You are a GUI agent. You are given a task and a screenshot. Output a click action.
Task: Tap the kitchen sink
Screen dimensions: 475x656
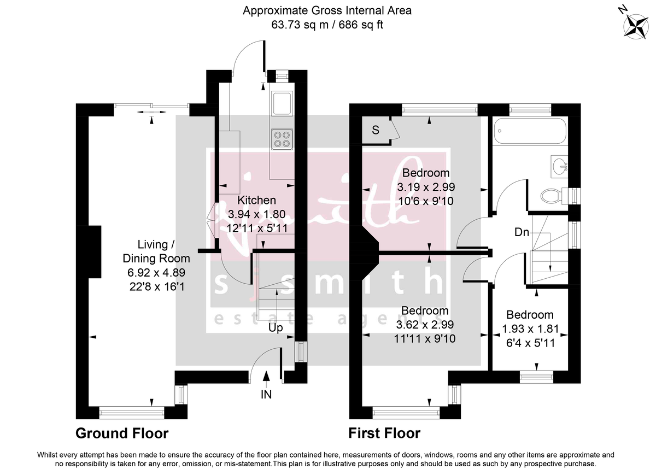click(282, 103)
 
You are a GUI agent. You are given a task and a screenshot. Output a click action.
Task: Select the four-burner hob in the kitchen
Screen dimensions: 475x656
click(282, 139)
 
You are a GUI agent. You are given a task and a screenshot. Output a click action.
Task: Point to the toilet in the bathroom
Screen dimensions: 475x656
click(553, 195)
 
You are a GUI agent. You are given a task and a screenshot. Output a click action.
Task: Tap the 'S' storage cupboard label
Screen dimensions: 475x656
click(376, 130)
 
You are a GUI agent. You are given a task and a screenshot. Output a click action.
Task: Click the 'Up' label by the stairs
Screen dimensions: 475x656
click(276, 328)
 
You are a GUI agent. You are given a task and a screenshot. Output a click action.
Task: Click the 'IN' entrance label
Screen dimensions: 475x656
click(267, 394)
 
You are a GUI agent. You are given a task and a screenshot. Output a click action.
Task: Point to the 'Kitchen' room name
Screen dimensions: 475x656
click(256, 201)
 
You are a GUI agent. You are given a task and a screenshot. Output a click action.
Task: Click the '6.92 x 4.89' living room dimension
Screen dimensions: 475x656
click(156, 272)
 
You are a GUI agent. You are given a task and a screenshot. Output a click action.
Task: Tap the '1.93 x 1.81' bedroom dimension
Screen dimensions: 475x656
click(530, 330)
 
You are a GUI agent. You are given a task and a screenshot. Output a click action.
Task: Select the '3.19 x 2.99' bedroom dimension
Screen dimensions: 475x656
click(426, 187)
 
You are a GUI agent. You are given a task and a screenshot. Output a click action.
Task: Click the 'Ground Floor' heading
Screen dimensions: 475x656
click(122, 433)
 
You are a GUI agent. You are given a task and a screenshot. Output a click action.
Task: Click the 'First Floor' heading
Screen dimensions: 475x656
click(384, 433)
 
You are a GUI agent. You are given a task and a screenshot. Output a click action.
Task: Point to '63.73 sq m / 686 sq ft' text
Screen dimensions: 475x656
click(327, 25)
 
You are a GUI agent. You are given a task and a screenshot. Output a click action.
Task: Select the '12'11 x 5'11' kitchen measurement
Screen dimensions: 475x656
click(256, 227)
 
